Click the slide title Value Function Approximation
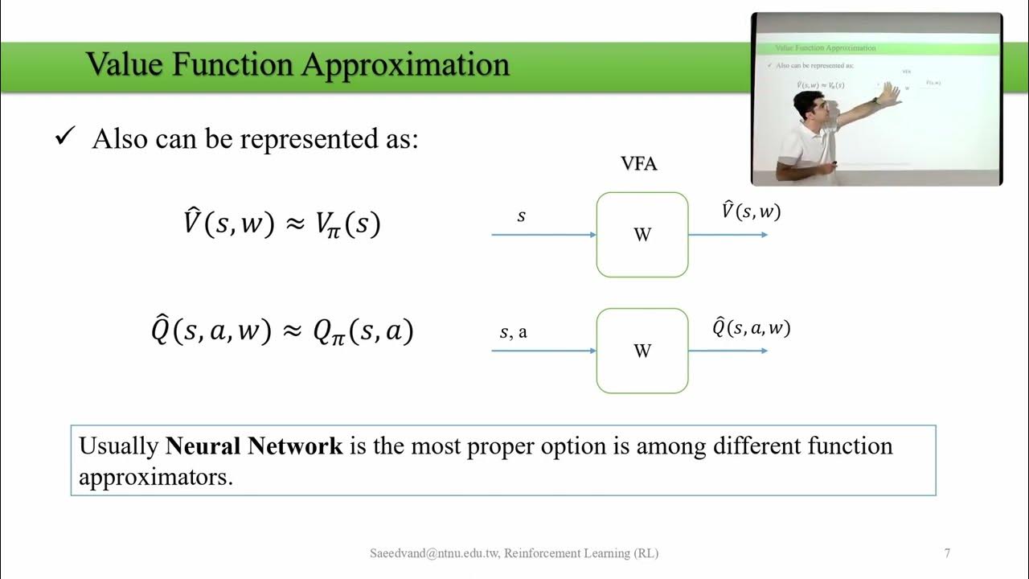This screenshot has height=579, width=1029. [x=297, y=64]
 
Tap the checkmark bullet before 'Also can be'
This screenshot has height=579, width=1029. [x=64, y=138]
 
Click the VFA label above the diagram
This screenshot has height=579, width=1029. [x=639, y=164]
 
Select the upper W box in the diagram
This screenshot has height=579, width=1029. [x=642, y=235]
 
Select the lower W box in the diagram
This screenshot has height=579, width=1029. [x=642, y=351]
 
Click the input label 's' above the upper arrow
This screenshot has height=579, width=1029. [x=521, y=216]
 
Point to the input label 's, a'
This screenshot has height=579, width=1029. [x=514, y=331]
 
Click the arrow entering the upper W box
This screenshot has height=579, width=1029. [x=543, y=235]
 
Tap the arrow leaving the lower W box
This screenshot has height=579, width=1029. [x=728, y=351]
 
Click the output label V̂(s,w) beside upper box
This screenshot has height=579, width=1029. [x=751, y=211]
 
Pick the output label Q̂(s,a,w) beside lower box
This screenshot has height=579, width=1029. [x=751, y=327]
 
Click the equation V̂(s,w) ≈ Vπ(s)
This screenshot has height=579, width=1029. [x=281, y=223]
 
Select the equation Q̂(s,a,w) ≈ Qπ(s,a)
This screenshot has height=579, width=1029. [x=281, y=331]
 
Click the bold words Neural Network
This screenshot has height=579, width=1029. [x=254, y=446]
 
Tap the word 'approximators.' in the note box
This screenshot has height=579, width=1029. [x=155, y=476]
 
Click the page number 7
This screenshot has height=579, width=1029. [x=947, y=553]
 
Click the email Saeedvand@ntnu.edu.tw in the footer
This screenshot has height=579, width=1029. [x=434, y=553]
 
